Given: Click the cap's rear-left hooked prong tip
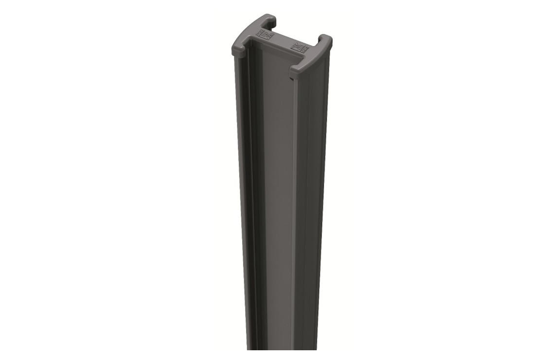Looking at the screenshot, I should (x=271, y=20).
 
